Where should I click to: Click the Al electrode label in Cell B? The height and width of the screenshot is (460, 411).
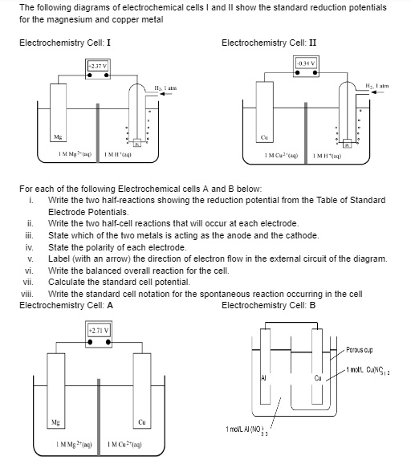coord(262,377)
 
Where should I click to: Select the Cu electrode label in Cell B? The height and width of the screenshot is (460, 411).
coord(318,378)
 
